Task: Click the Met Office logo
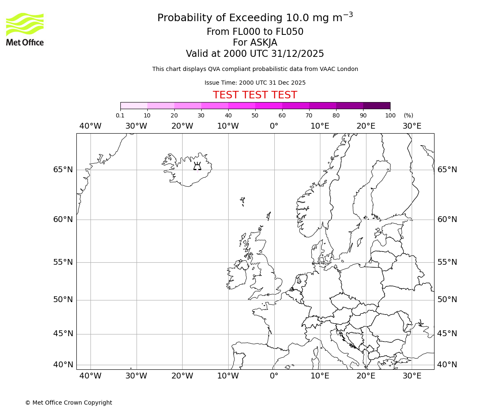[25, 29]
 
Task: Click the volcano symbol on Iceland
[197, 166]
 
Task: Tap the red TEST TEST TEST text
[255, 95]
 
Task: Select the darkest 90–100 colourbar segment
[376, 105]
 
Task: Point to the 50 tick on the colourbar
[255, 115]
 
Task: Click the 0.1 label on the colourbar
[120, 115]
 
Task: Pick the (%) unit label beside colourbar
[408, 115]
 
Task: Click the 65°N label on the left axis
[63, 170]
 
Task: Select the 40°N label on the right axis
[447, 365]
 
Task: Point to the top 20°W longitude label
[182, 126]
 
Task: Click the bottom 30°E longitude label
[412, 376]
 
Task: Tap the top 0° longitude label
[274, 126]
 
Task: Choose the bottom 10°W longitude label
[228, 376]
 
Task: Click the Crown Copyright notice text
[68, 403]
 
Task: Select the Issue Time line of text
[255, 83]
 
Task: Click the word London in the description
[348, 69]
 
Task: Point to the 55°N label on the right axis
[447, 262]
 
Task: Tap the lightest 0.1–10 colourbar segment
[134, 105]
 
